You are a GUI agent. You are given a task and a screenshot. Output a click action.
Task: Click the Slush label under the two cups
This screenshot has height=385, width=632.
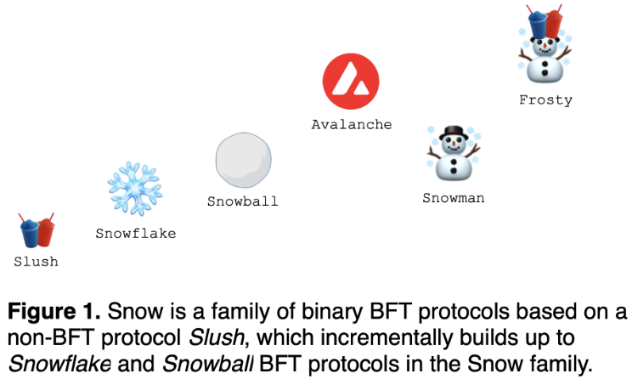click(x=36, y=262)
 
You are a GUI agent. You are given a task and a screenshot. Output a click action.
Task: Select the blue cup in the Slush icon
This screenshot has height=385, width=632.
click(x=30, y=232)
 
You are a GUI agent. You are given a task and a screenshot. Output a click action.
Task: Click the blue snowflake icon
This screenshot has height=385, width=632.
click(x=134, y=189)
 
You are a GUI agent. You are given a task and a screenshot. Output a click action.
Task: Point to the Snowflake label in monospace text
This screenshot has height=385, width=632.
click(x=135, y=233)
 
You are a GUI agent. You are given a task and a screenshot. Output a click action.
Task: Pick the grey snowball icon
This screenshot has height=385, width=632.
click(x=243, y=161)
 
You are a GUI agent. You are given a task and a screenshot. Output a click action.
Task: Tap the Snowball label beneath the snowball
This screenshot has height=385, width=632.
click(x=242, y=201)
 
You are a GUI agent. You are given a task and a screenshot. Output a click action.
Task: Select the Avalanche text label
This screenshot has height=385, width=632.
click(x=351, y=124)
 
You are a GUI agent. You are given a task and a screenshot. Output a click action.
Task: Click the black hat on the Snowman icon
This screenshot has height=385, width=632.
click(x=454, y=133)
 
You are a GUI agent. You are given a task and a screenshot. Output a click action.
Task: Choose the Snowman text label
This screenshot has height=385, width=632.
click(x=453, y=198)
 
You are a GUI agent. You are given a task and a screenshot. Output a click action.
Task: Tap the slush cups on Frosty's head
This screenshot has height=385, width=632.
click(x=544, y=22)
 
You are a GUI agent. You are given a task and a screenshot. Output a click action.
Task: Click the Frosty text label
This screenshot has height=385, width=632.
click(x=545, y=99)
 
